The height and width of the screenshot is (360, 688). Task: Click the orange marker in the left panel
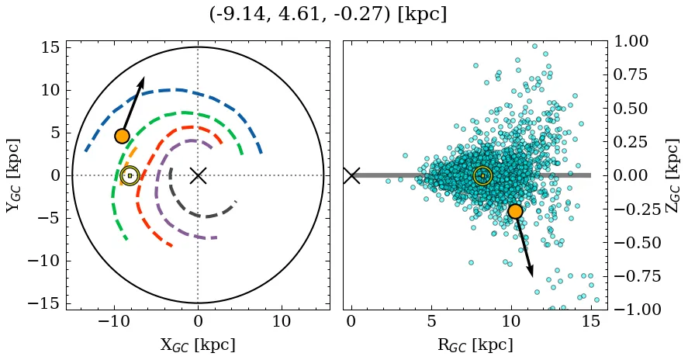tap(122, 136)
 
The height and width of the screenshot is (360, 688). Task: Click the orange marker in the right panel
tap(515, 211)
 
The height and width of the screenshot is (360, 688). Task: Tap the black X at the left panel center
tap(198, 175)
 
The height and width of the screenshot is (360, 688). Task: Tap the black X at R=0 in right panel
tap(351, 175)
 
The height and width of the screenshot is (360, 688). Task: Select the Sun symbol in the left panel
tap(130, 175)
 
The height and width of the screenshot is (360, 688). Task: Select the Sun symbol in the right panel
tap(482, 175)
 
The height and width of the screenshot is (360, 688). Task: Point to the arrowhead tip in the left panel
tap(143, 78)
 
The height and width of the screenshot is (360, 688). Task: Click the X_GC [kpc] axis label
tap(198, 345)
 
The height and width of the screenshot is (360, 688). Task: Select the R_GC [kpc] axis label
tap(474, 345)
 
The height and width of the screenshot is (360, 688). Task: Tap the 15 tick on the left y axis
tap(50, 47)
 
